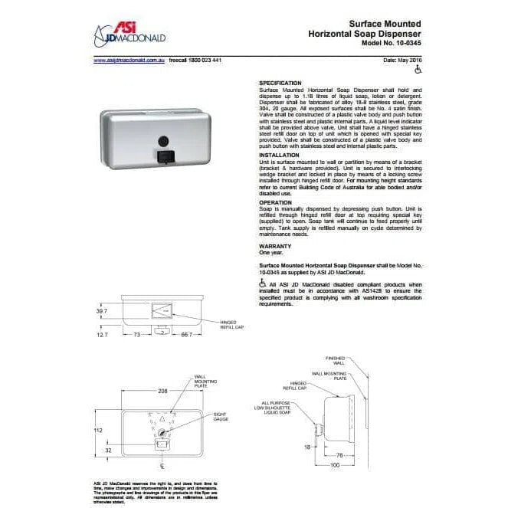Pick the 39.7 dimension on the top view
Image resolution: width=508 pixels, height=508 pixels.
click(100, 312)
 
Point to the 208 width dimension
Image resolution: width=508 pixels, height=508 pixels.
click(162, 391)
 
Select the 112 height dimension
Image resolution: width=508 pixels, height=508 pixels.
click(98, 431)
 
